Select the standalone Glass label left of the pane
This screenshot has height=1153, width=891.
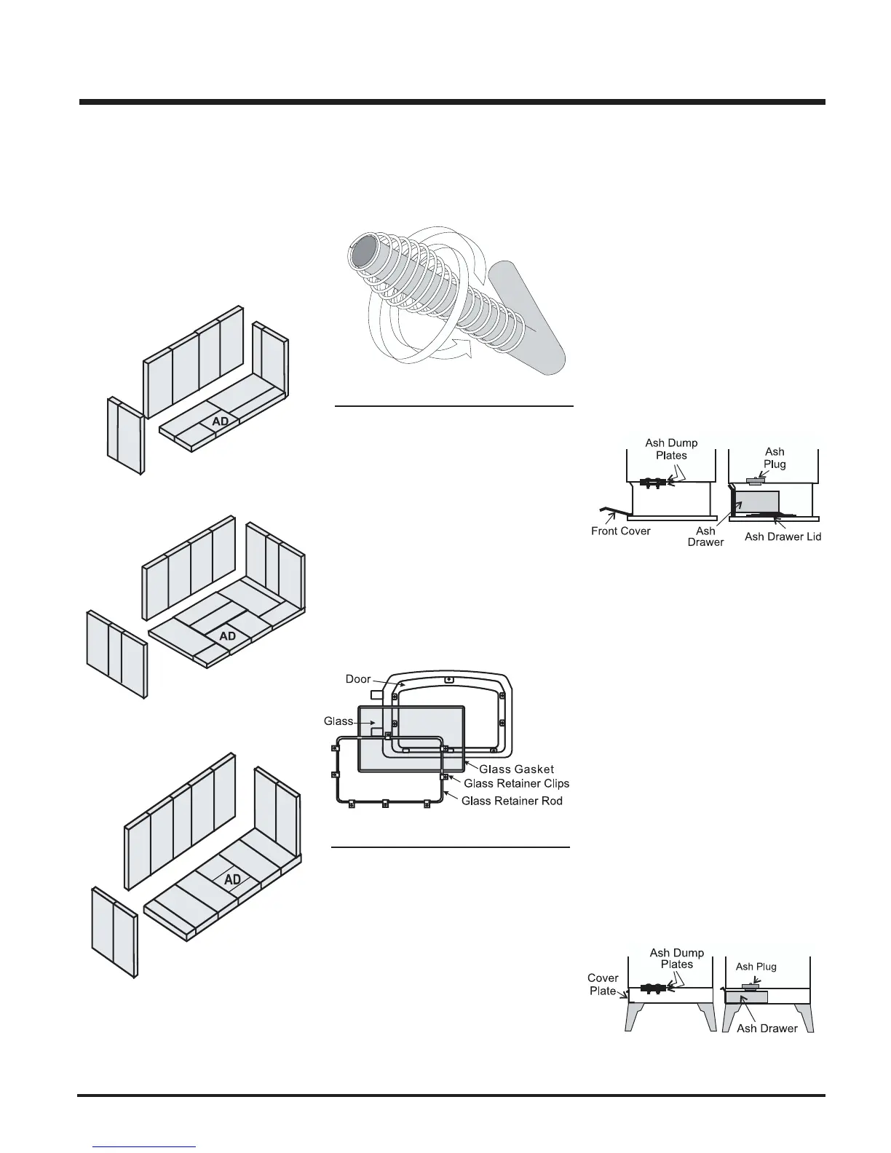click(338, 721)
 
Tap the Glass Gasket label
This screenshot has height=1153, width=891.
click(516, 769)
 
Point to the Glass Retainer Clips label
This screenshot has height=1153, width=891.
click(516, 784)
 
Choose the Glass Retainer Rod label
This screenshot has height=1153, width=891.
click(512, 801)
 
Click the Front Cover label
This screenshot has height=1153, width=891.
click(620, 531)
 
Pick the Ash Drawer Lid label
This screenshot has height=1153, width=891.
click(783, 537)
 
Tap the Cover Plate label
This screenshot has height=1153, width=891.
click(603, 984)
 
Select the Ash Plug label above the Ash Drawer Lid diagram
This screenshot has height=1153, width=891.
click(775, 458)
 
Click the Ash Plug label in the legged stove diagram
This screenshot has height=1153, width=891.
click(756, 967)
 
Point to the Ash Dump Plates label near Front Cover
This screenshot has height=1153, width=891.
click(671, 449)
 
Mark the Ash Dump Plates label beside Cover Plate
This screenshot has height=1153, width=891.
click(676, 958)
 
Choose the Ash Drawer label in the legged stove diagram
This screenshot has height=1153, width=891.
click(767, 1029)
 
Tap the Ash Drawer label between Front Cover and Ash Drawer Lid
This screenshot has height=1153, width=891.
click(705, 536)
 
